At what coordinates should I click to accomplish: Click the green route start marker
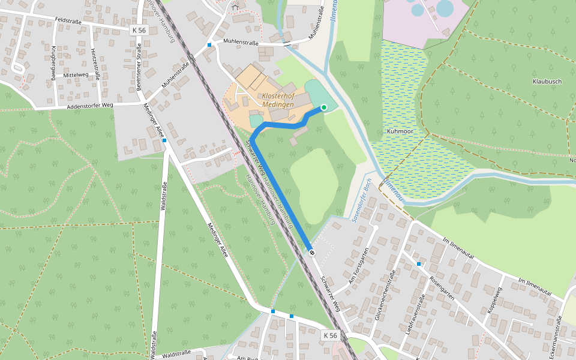pos(324,107)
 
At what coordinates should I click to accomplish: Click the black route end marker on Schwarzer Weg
pos(311,253)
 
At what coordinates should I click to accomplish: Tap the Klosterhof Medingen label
pos(278,100)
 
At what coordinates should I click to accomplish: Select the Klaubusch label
pos(547,81)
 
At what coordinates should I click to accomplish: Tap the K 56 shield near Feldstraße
pos(139,30)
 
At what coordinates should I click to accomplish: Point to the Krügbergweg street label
pos(53,62)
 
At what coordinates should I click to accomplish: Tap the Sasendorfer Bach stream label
pos(364,202)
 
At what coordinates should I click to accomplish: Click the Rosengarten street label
pos(443,289)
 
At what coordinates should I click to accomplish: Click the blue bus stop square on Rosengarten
pos(419,264)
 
